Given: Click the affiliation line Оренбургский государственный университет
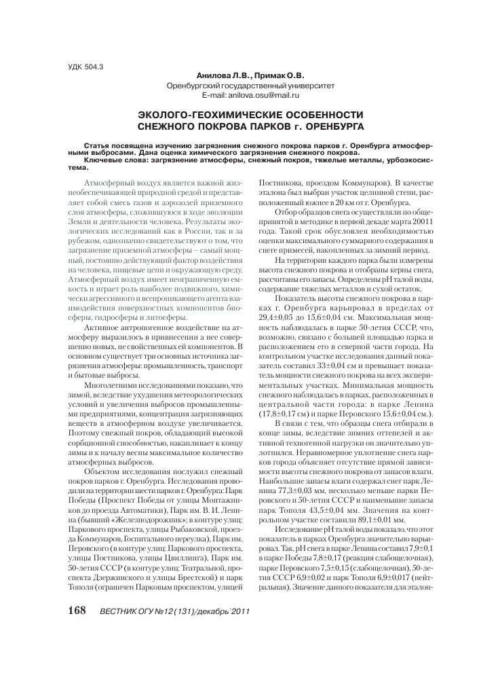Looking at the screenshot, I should pos(251,86).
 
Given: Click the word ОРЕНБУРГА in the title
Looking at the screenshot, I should pos(330,126).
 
